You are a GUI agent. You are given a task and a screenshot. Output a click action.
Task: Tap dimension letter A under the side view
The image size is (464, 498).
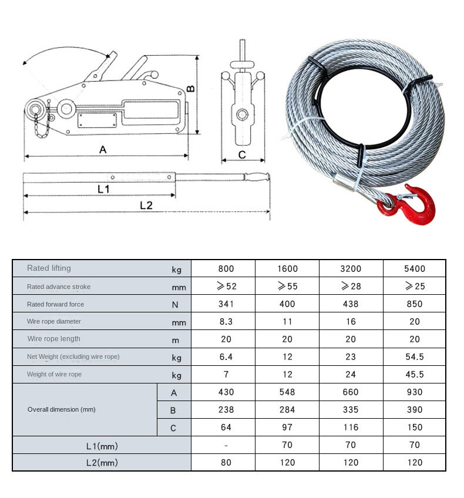pyautogui.click(x=103, y=150)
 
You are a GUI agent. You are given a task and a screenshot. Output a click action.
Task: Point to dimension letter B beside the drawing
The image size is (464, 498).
pyautogui.click(x=191, y=89)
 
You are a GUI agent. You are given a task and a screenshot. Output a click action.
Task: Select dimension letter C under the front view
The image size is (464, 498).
pyautogui.click(x=241, y=155)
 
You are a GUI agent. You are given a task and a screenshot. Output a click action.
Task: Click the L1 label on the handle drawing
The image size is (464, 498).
pyautogui.click(x=104, y=189)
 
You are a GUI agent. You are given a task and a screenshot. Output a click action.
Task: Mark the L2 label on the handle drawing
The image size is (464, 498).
pyautogui.click(x=146, y=205)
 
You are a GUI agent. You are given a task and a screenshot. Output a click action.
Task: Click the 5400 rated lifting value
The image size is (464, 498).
pyautogui.click(x=414, y=269)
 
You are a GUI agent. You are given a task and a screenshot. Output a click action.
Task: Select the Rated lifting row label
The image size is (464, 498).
pyautogui.click(x=49, y=268)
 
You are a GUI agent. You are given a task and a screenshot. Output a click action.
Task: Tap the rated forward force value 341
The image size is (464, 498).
pyautogui.click(x=226, y=304)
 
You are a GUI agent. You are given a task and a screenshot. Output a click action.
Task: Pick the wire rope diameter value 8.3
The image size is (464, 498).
pyautogui.click(x=226, y=322)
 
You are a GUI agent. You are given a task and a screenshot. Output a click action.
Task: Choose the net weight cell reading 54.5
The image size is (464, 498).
pyautogui.click(x=414, y=357)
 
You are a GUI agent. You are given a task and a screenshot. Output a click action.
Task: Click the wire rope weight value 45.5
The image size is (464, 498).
pyautogui.click(x=414, y=375)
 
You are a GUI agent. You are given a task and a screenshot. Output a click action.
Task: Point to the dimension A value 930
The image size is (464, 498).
pyautogui.click(x=414, y=392)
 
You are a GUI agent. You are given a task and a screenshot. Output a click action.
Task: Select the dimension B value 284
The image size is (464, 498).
pyautogui.click(x=287, y=410)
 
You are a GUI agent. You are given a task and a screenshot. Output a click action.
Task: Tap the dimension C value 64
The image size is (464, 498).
pyautogui.click(x=226, y=428)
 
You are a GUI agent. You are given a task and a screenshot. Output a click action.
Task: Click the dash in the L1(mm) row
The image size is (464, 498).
pyautogui.click(x=226, y=445)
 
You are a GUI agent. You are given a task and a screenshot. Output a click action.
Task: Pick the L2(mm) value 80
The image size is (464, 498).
pyautogui.click(x=226, y=463)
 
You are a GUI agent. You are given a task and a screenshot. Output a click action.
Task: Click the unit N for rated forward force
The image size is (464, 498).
pyautogui.click(x=175, y=305)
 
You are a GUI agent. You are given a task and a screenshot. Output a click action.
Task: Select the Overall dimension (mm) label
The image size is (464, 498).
pyautogui.click(x=62, y=409)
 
